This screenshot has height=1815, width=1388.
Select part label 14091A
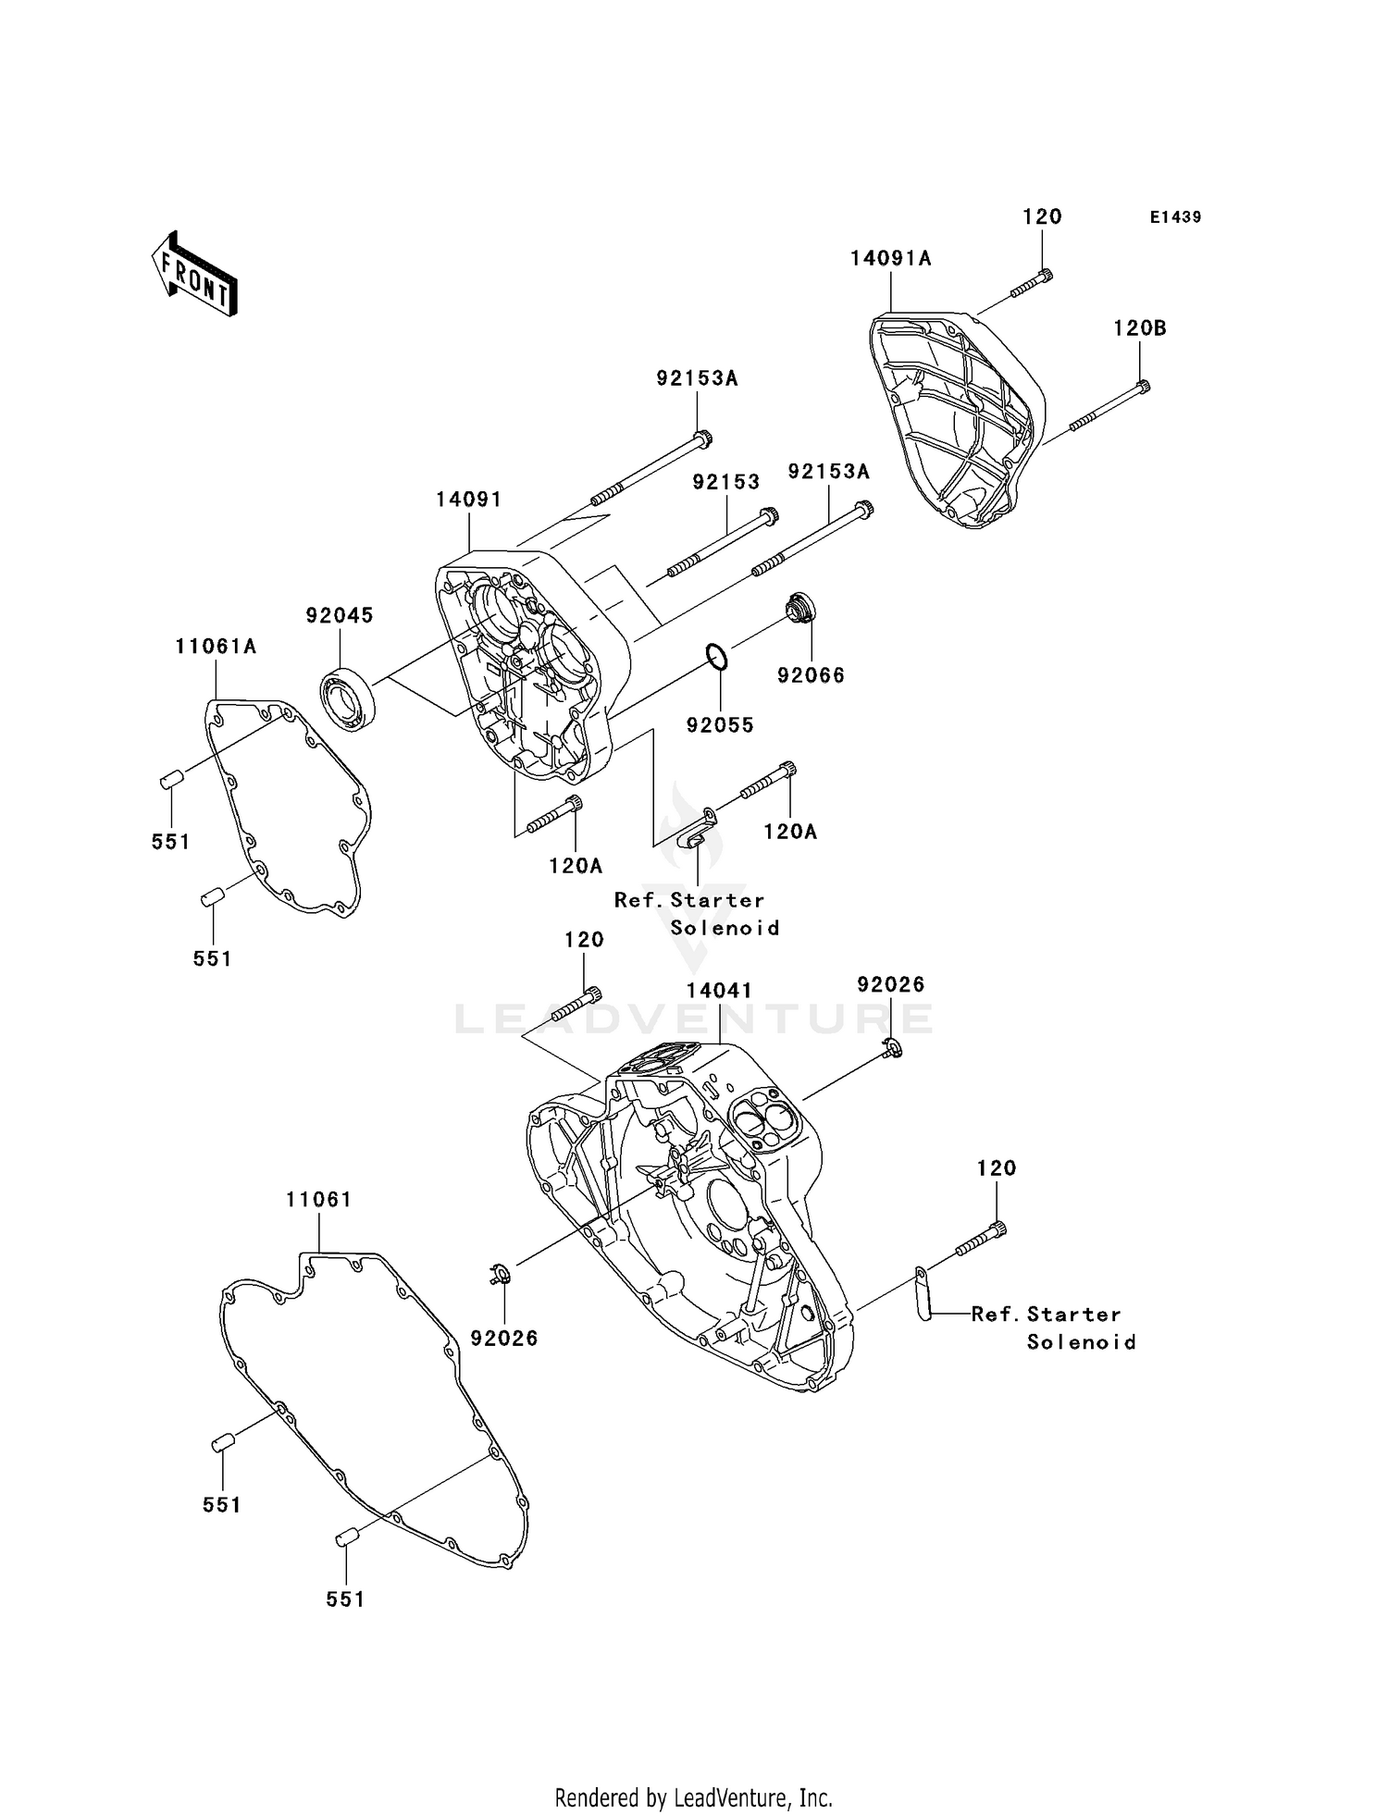click(x=891, y=258)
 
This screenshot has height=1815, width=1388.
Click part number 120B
click(x=1140, y=328)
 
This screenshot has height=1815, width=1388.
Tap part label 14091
click(x=469, y=500)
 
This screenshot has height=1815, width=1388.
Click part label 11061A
click(x=216, y=647)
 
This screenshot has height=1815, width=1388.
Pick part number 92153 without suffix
click(x=726, y=482)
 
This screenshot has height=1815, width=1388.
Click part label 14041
click(x=719, y=991)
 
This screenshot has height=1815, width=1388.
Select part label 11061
click(x=319, y=1200)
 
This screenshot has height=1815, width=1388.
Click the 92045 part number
click(x=340, y=615)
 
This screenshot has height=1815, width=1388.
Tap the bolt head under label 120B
click(x=1144, y=388)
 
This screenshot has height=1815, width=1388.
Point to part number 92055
click(x=720, y=725)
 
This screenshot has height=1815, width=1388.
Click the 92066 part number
click(x=812, y=675)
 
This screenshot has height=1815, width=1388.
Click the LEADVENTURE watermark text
click(x=694, y=1019)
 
